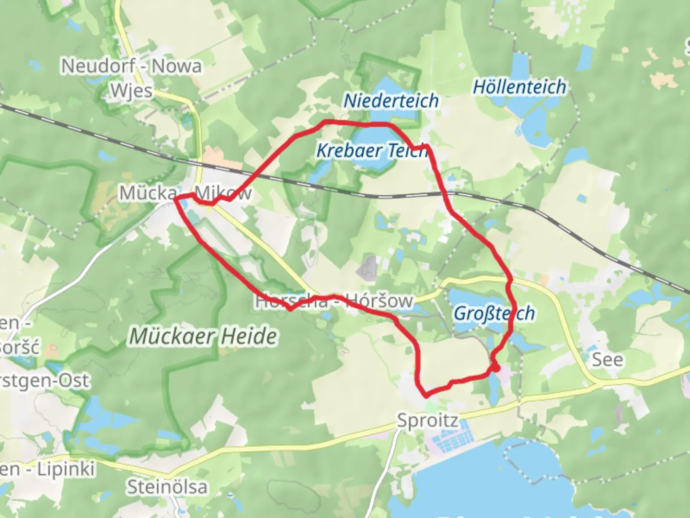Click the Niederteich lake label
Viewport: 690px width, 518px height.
391,101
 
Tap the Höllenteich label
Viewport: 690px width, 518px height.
519,87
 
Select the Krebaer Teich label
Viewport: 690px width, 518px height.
372,151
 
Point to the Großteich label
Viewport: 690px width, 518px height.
494,313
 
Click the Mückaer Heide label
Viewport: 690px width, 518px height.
203,336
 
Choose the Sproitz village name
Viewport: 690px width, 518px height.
427,421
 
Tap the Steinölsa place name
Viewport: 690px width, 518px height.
167,487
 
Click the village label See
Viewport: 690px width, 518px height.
608,360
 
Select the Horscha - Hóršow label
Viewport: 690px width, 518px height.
334,301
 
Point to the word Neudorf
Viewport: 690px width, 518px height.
98,66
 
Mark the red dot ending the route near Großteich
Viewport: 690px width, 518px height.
496,368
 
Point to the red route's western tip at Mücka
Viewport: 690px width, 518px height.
176,198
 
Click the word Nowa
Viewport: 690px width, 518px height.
176,66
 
